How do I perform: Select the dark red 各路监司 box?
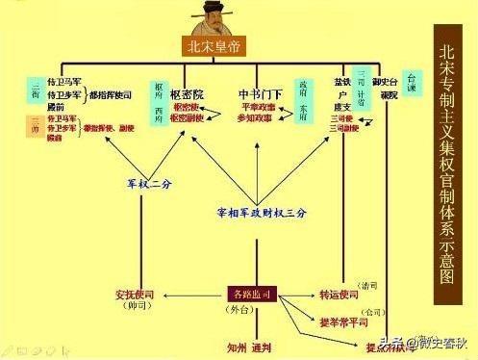pos(254,294)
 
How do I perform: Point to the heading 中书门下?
pos(261,93)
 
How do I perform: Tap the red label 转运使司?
pos(339,294)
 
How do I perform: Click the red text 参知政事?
pos(258,117)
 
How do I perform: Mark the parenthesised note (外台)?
pos(254,310)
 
